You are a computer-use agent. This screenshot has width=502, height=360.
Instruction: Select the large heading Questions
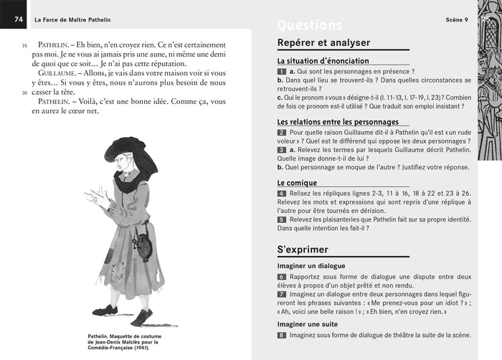(x=309, y=26)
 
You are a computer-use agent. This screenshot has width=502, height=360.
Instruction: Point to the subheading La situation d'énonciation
(x=323, y=62)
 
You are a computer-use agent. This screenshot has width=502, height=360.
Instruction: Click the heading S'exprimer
(x=303, y=250)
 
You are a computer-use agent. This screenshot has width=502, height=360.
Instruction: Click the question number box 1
(x=281, y=72)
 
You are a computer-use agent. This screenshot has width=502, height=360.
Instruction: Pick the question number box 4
(x=281, y=194)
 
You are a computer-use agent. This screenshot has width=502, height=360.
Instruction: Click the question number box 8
(x=281, y=335)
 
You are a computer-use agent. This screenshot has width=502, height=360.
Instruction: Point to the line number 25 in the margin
(x=24, y=45)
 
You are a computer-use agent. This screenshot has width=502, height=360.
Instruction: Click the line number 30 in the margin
(x=24, y=92)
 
